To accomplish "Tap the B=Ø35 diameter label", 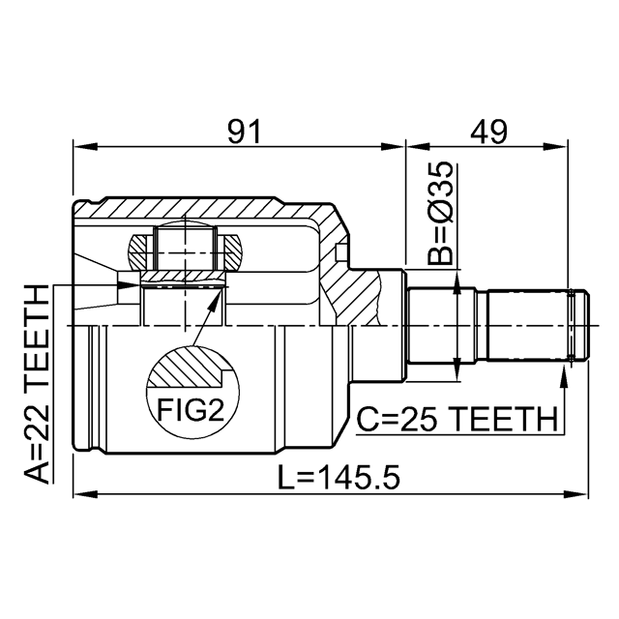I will click(440, 215).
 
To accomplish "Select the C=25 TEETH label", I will click(457, 420).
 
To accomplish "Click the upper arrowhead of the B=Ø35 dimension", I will click(457, 280).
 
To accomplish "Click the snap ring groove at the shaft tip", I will click(579, 326).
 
